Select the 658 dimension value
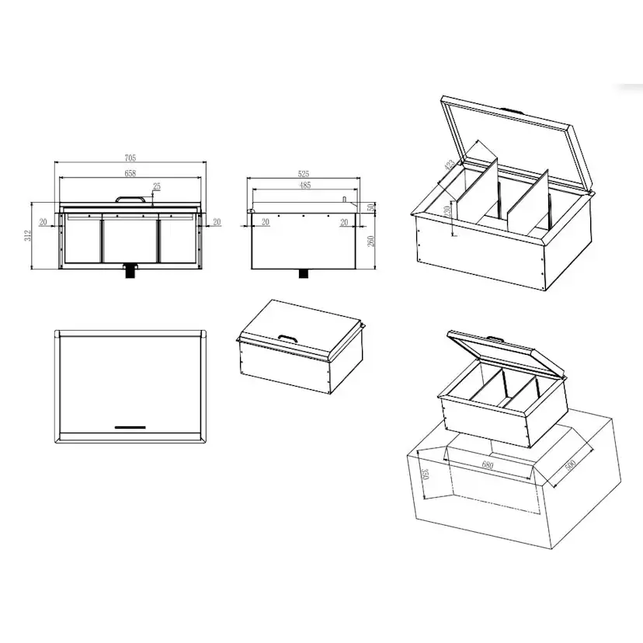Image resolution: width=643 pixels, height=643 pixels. point(130,173)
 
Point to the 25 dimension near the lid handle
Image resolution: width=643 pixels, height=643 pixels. point(157,186)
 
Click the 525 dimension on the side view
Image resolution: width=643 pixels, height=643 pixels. point(304,174)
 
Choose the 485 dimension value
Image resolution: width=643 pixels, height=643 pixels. point(304,186)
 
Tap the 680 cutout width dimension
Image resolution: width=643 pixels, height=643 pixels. point(488,466)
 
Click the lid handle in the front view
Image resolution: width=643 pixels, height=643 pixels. point(130,199)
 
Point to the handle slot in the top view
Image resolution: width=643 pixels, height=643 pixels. point(130,426)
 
